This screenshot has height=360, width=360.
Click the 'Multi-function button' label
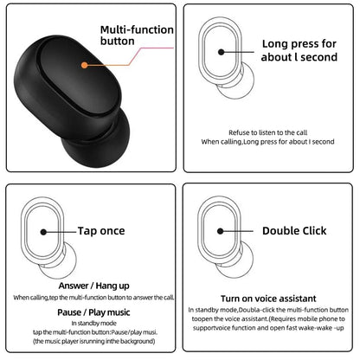point(136,34)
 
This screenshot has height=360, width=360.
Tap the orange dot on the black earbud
point(83,62)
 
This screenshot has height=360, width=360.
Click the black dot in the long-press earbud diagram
point(222,52)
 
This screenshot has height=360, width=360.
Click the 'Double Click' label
point(296,231)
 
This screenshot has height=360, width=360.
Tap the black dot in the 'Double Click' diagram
point(222,231)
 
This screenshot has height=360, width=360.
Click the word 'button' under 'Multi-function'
point(119,40)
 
